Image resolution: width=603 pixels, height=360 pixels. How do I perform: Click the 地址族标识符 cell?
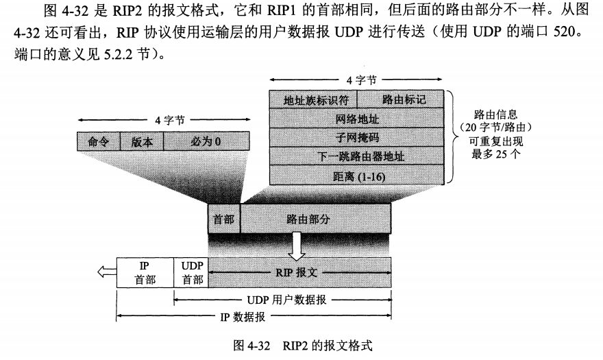point(312,99)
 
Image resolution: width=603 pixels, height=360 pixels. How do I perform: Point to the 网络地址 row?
point(356,118)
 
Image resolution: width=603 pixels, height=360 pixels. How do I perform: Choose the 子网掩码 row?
point(356,137)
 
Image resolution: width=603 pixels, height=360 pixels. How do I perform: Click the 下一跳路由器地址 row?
point(356,156)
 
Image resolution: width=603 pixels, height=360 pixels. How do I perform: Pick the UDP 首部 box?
point(191,272)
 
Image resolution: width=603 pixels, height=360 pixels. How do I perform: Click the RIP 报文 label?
point(299,272)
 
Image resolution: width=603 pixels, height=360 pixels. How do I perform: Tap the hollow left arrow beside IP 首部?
point(107,272)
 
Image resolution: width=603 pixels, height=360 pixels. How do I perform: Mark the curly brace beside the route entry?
point(450,137)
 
